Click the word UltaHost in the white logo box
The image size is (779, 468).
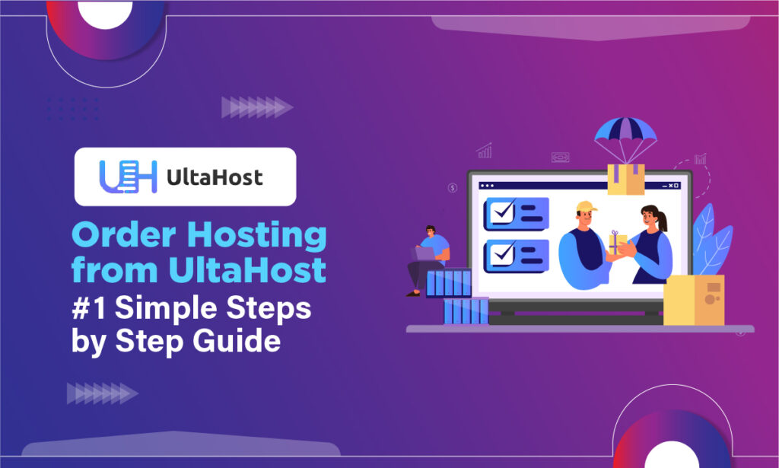(x=214, y=177)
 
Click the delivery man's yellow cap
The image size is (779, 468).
(x=586, y=207)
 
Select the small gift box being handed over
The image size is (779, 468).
(x=618, y=244)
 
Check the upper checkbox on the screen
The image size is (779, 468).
(x=503, y=212)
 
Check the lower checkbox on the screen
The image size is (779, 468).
(x=503, y=254)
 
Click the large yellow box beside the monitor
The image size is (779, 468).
(x=693, y=300)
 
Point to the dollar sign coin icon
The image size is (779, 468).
(x=453, y=187)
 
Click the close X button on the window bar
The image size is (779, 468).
(x=672, y=186)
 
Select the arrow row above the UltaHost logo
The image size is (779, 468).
(x=256, y=107)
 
